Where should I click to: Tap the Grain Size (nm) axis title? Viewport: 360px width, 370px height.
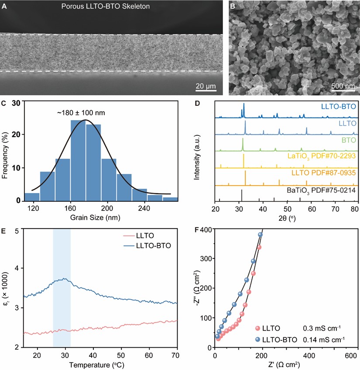[95, 218]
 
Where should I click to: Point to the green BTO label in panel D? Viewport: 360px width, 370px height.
[349, 140]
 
